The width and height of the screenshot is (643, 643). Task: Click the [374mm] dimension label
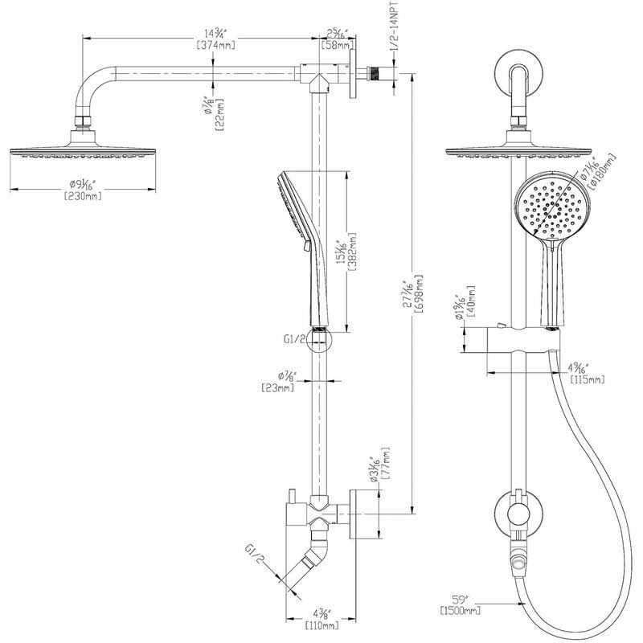tap(214, 46)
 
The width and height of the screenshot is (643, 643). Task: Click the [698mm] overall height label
tap(420, 299)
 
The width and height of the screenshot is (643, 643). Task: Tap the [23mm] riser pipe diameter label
tap(277, 387)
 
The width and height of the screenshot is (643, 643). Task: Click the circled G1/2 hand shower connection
tap(319, 340)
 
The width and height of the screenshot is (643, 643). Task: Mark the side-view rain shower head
tap(83, 151)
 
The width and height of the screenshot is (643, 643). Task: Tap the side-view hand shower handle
tap(309, 273)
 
